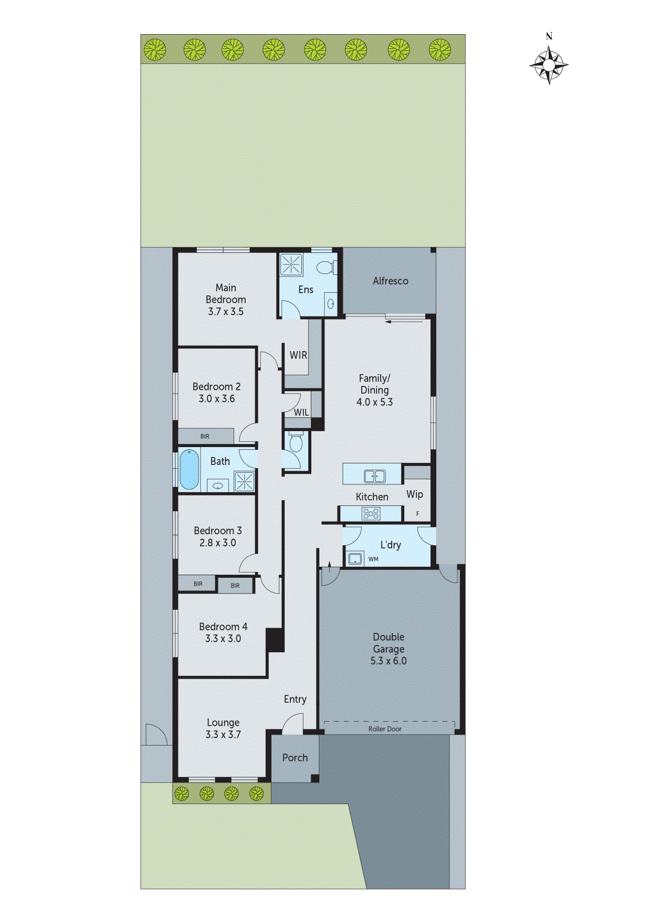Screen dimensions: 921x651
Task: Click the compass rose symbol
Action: point(549,65)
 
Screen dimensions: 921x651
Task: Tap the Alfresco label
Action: point(390,281)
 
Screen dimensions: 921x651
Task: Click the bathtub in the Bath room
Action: point(189,469)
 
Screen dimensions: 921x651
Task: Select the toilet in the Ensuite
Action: point(327,267)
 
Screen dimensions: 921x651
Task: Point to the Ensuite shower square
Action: point(291,265)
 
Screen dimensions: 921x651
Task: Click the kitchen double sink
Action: point(374,476)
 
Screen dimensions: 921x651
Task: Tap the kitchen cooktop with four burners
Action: point(371,514)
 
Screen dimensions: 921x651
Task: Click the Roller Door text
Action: point(385,729)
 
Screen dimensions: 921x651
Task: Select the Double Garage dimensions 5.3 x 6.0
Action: point(388,661)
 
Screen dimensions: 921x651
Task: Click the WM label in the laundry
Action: point(373,559)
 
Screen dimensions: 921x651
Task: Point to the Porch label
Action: point(295,757)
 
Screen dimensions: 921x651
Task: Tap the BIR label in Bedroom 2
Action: point(205,436)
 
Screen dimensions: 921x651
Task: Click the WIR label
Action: point(298,355)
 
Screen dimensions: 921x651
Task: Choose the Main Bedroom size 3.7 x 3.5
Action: point(226,311)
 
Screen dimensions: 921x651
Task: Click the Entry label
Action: point(295,699)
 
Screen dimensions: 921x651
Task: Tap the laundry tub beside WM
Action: point(356,558)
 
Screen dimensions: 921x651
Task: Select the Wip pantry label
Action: point(414,494)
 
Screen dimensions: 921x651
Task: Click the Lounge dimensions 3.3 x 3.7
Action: point(223,734)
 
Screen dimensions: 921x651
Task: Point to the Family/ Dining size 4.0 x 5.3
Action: point(374,402)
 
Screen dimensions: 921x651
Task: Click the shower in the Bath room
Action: point(244,481)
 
